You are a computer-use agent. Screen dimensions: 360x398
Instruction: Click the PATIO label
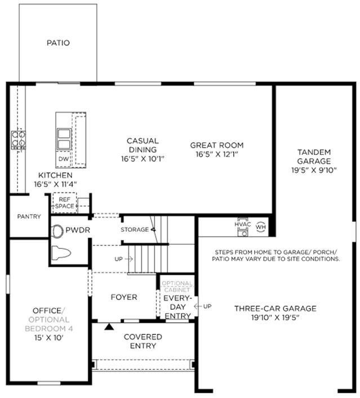(58, 43)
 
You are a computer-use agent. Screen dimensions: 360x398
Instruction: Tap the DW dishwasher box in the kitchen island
(63, 159)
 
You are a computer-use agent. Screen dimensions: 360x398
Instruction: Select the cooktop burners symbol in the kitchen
(19, 140)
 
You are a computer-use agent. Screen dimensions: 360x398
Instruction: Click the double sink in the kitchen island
(64, 139)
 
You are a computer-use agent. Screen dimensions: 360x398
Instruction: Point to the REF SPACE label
(65, 203)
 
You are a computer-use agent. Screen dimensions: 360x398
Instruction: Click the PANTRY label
(29, 217)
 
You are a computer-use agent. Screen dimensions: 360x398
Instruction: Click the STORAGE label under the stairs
(135, 230)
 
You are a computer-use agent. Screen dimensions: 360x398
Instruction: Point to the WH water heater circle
(261, 227)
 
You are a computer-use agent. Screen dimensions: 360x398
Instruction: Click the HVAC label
(243, 225)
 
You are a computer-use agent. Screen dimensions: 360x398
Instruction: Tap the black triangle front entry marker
(109, 327)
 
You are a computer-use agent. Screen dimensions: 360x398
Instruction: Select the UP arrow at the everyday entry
(198, 306)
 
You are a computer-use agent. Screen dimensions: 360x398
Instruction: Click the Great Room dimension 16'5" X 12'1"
(217, 154)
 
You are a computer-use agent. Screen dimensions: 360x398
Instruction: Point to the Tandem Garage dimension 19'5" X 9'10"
(314, 170)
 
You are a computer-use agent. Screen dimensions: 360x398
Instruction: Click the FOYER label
(124, 297)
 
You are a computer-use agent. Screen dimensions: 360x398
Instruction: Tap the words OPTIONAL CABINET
(177, 287)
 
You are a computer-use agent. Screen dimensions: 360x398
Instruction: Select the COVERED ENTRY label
(143, 341)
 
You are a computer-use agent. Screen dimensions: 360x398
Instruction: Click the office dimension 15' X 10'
(49, 338)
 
